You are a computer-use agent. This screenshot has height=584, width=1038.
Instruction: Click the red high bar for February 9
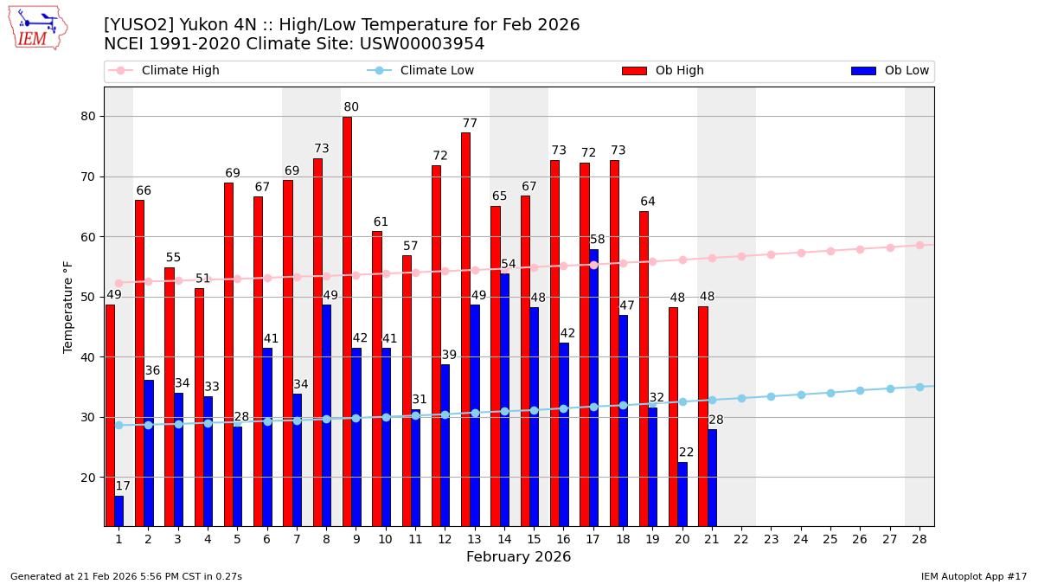click(x=347, y=320)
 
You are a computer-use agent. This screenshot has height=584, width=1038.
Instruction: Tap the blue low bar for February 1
click(x=119, y=510)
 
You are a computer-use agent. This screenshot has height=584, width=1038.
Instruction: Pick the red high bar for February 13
click(x=465, y=329)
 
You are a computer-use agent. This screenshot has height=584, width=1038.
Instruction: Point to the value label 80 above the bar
click(x=351, y=107)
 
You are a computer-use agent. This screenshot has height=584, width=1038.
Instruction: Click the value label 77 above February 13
click(x=470, y=124)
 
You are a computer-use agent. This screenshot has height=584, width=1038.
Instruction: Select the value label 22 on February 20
click(x=686, y=452)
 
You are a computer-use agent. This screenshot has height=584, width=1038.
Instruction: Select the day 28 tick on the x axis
click(x=919, y=539)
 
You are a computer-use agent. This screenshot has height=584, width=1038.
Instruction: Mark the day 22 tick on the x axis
click(x=741, y=539)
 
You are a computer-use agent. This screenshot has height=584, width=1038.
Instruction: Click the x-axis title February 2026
click(x=518, y=557)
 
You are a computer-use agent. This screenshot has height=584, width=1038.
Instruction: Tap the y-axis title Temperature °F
click(x=68, y=306)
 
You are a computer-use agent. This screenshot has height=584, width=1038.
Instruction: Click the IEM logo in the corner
click(x=37, y=28)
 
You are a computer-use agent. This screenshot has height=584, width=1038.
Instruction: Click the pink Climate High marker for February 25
click(x=830, y=251)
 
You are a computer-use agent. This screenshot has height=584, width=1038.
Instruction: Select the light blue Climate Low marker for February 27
click(x=889, y=388)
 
